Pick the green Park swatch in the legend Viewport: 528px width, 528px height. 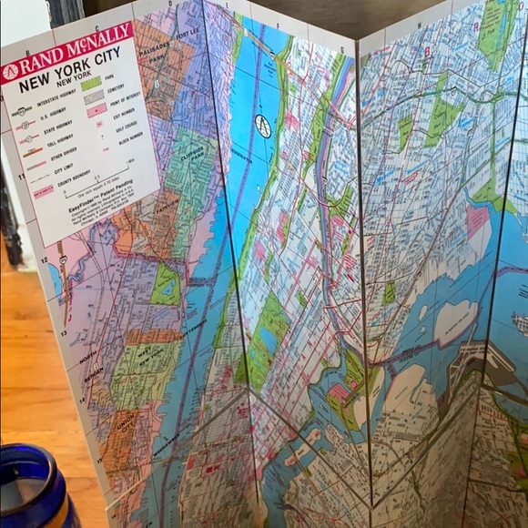91,85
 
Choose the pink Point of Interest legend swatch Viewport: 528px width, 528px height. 96,110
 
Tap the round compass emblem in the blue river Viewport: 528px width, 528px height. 263,127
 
